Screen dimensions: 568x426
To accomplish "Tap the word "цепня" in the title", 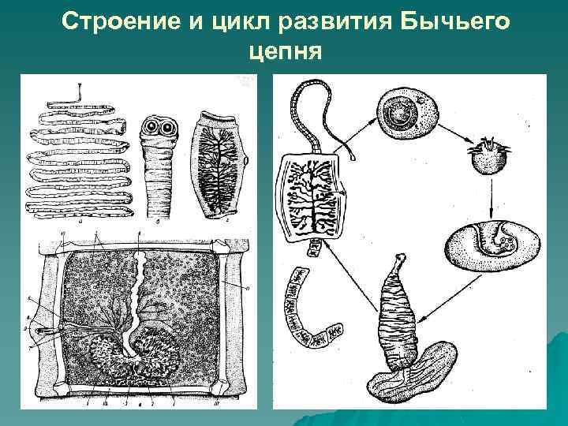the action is (x=283, y=51).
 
